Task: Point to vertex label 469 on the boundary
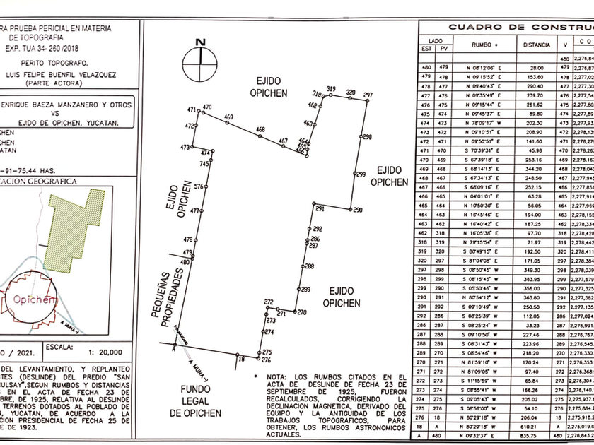[228, 117]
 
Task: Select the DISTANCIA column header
[537, 44]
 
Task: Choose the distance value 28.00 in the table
[537, 67]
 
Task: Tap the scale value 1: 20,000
[101, 351]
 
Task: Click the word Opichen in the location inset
[30, 299]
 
